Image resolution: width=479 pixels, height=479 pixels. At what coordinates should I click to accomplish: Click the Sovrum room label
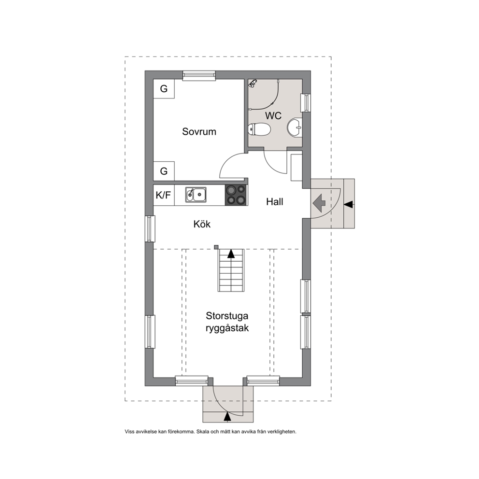tap(199, 131)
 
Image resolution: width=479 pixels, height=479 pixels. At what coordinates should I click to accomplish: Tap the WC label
tap(273, 116)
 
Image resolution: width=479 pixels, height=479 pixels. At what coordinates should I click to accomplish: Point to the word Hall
tap(275, 202)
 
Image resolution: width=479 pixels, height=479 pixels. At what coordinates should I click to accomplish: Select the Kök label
tap(202, 224)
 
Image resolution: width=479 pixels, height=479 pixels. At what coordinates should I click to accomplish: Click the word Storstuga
tap(227, 316)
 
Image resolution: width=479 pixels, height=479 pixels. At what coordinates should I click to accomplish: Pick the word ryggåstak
tap(227, 328)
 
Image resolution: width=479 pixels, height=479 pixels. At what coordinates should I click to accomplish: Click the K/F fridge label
tap(163, 195)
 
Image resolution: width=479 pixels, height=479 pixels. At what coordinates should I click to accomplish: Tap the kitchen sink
tap(196, 195)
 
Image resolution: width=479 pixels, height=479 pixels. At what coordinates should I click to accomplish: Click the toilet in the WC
tap(259, 129)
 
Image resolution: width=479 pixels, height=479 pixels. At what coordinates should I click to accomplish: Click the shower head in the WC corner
tap(253, 83)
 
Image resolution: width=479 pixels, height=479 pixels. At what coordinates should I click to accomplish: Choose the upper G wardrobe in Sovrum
tap(164, 88)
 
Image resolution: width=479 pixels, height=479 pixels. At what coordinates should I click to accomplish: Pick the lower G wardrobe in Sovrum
tap(164, 171)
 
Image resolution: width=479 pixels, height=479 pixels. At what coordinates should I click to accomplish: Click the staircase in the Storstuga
tap(231, 270)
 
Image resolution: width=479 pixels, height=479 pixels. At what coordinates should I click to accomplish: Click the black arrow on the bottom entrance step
tap(227, 417)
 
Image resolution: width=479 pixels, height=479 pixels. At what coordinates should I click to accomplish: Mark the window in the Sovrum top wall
tap(199, 75)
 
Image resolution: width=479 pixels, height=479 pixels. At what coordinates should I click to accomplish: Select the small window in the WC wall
tap(306, 103)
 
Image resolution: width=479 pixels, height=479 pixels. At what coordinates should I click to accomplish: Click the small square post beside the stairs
tap(216, 247)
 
